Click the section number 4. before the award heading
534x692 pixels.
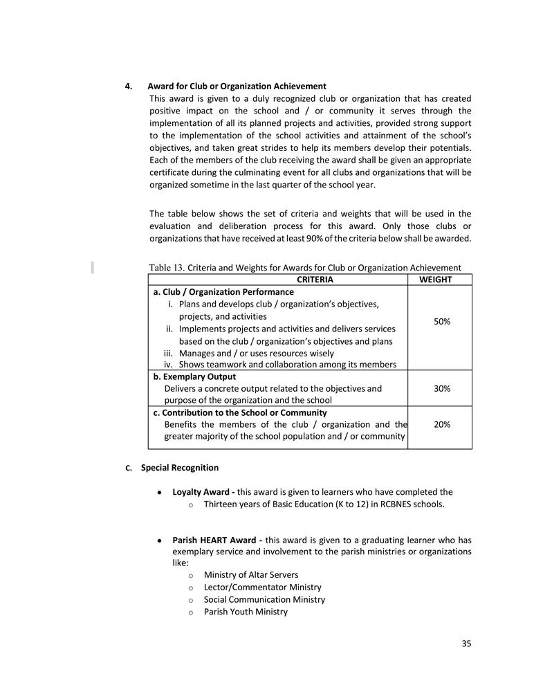129,86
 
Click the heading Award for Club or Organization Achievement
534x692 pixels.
237,86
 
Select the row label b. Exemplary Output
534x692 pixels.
194,377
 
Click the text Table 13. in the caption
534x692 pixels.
167,268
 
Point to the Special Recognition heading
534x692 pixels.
180,468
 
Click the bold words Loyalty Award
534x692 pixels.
203,492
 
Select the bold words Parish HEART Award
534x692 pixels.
214,540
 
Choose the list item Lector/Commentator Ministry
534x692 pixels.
262,588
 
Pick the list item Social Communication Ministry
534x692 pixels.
264,599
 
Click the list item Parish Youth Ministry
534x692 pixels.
246,612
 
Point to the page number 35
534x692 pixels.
466,644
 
